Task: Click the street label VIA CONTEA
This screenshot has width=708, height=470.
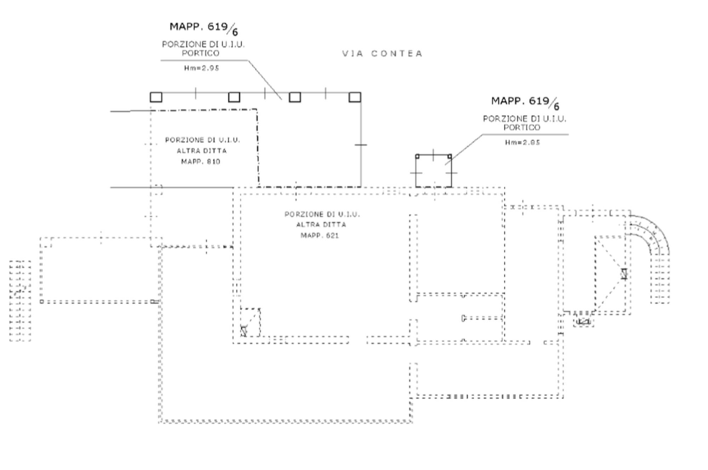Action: pyautogui.click(x=382, y=54)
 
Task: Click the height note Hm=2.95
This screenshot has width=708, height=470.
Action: pyautogui.click(x=201, y=68)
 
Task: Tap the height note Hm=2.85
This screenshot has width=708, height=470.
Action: pyautogui.click(x=522, y=143)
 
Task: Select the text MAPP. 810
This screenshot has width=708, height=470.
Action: pyautogui.click(x=201, y=162)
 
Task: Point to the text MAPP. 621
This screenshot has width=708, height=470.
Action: pyautogui.click(x=320, y=236)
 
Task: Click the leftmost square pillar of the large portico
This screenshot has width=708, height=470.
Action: pyautogui.click(x=156, y=97)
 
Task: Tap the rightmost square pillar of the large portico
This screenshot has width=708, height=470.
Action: pyautogui.click(x=355, y=97)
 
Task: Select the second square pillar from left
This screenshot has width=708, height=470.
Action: pyautogui.click(x=234, y=97)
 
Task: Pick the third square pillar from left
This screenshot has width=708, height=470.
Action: pyautogui.click(x=295, y=97)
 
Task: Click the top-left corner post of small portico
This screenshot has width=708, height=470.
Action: pyautogui.click(x=417, y=156)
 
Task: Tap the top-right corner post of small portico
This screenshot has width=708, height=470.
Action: pyautogui.click(x=450, y=156)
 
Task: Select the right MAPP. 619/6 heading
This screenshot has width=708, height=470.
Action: pyautogui.click(x=525, y=102)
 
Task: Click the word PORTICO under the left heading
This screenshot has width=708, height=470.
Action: pyautogui.click(x=200, y=53)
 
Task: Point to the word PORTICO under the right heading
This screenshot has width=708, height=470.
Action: pyautogui.click(x=522, y=128)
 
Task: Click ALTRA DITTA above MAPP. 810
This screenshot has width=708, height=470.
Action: pyautogui.click(x=202, y=151)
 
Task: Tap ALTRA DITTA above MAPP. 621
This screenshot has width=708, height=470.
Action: pyautogui.click(x=321, y=225)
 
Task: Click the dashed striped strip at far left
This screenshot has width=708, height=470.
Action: pyautogui.click(x=20, y=301)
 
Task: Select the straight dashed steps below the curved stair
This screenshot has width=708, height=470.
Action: pyautogui.click(x=660, y=279)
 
